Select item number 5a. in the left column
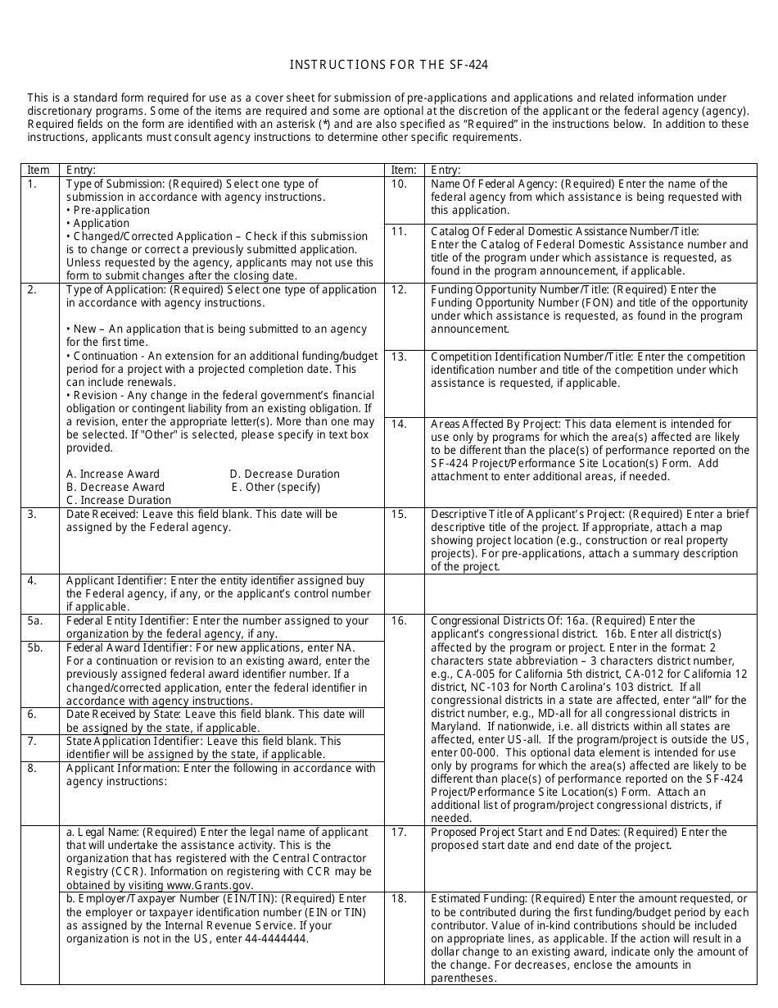coord(34,621)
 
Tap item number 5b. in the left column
coord(34,647)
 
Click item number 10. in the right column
coord(399,184)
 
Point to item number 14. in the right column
coord(399,425)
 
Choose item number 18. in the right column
coord(399,899)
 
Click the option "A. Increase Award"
coord(113,474)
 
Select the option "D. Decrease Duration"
coord(284,474)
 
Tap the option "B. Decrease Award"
coord(115,487)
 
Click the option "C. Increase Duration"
coord(119,500)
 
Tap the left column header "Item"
coord(38,170)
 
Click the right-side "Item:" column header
coord(404,170)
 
